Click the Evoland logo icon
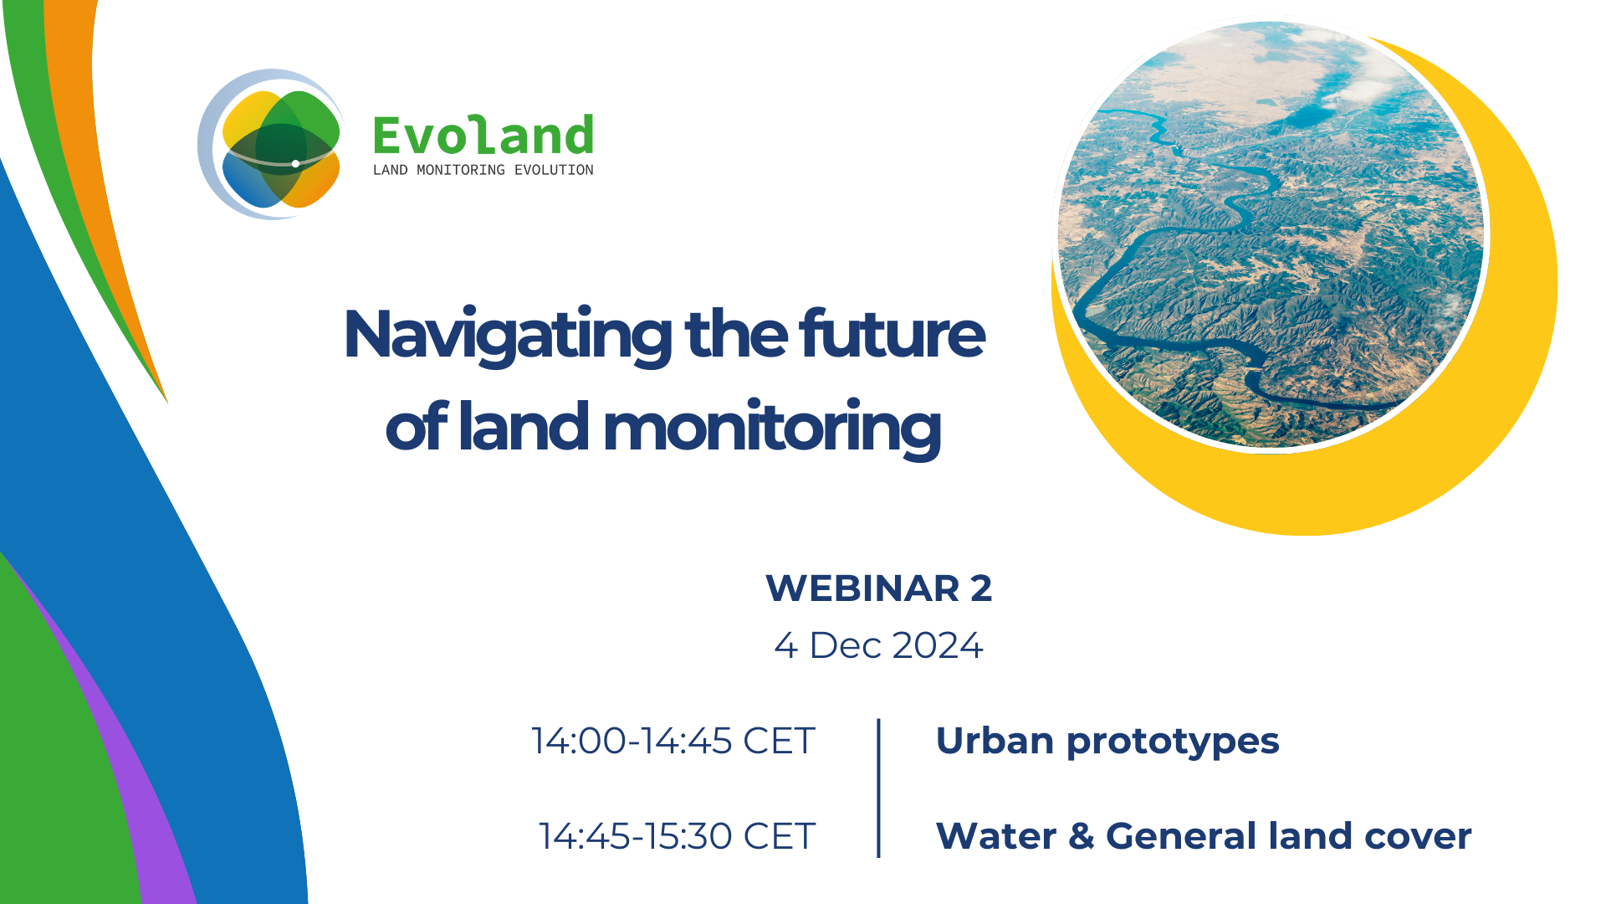(x=269, y=145)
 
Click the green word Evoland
(x=483, y=136)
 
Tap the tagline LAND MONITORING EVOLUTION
(x=483, y=170)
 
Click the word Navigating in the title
(x=508, y=336)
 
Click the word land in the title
(x=524, y=426)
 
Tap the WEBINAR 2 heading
(x=879, y=588)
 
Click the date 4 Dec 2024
(x=878, y=645)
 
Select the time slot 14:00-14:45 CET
(x=673, y=741)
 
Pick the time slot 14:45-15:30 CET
(x=677, y=836)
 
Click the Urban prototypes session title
(x=1107, y=742)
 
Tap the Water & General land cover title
(x=1204, y=836)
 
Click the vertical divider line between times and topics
(x=878, y=788)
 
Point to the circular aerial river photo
(x=1271, y=234)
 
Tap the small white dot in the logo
(x=295, y=163)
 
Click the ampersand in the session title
(x=1081, y=836)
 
